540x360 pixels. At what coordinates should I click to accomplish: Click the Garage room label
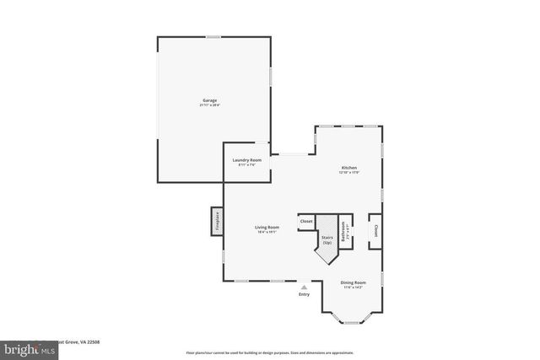coord(209,100)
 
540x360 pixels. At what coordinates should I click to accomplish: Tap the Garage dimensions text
coord(209,105)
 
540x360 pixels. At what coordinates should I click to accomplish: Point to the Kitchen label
coord(348,168)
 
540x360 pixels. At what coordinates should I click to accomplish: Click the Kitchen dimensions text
coord(348,173)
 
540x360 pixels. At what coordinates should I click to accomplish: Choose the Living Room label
coord(267,227)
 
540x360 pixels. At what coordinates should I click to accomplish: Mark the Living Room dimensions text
coord(267,232)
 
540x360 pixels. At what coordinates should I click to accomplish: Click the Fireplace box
coord(217,222)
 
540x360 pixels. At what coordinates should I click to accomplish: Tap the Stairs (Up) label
coord(327,240)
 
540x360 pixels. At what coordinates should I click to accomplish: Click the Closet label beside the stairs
coord(305,221)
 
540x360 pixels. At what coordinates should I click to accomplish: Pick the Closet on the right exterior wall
coord(375,231)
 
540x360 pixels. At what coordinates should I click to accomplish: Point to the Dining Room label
coord(353,282)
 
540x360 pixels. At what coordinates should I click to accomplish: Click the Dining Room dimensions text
coord(353,287)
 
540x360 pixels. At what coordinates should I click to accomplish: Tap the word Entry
coord(304,294)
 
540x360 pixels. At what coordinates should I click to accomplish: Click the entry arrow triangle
coord(304,287)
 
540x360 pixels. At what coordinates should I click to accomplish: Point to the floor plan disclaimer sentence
coord(270,352)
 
